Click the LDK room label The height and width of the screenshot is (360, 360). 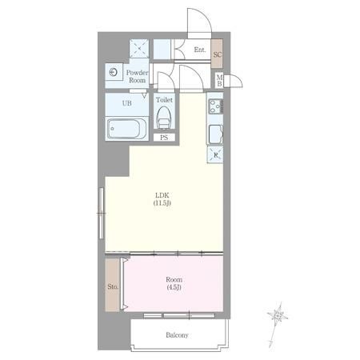(162, 199)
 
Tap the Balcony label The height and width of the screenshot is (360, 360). (177, 335)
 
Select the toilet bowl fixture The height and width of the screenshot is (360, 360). (164, 118)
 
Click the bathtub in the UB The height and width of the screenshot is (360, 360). (126, 129)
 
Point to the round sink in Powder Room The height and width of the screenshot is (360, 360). (114, 72)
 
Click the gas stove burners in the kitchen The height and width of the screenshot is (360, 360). (215, 106)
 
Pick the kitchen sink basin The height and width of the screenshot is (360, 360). (215, 134)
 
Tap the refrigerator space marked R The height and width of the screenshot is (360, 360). (215, 154)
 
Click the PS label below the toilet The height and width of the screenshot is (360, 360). (164, 138)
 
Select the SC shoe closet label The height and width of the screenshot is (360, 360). (217, 54)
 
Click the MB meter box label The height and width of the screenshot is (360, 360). (219, 81)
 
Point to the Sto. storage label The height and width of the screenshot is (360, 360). (113, 286)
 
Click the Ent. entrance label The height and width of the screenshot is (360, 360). (200, 50)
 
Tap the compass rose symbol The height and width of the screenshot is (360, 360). (278, 316)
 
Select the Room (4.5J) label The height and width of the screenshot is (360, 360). (174, 283)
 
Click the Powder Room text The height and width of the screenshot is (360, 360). (137, 76)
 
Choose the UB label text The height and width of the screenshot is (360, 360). (126, 103)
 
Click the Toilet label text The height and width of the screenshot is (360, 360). (164, 100)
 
